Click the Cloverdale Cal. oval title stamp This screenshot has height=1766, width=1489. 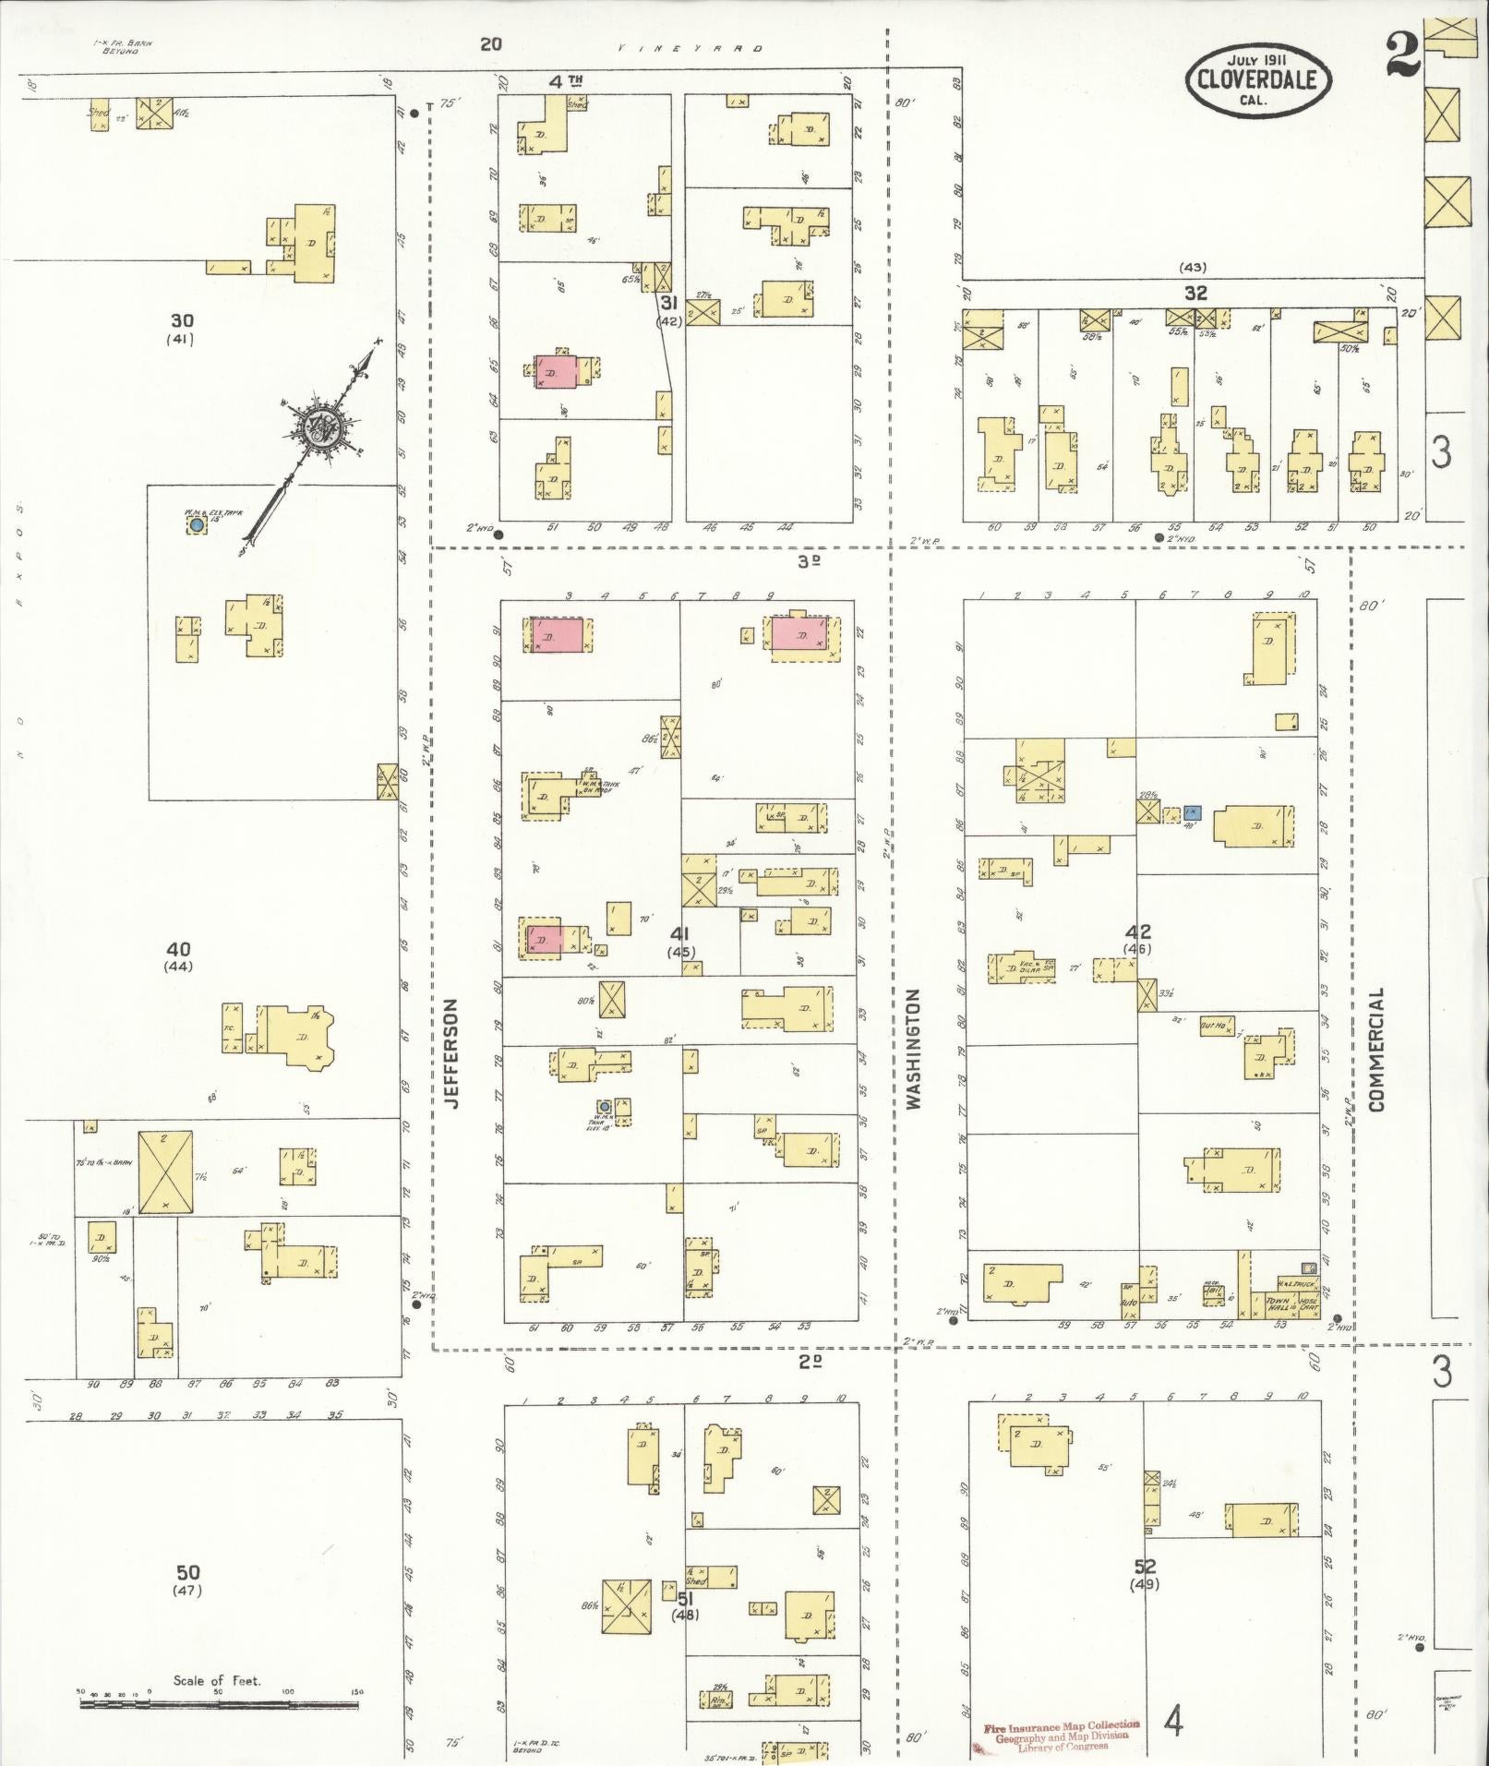1256,81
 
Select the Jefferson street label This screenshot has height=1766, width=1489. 452,1052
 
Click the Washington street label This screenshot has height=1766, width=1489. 913,1049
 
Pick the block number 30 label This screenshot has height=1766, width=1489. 181,321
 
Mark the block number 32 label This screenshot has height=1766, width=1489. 1195,293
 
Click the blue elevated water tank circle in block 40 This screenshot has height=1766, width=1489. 197,524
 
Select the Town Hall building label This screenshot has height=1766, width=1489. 1277,1303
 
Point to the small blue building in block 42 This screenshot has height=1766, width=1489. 1192,812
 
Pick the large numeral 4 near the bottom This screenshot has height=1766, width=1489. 1174,1722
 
